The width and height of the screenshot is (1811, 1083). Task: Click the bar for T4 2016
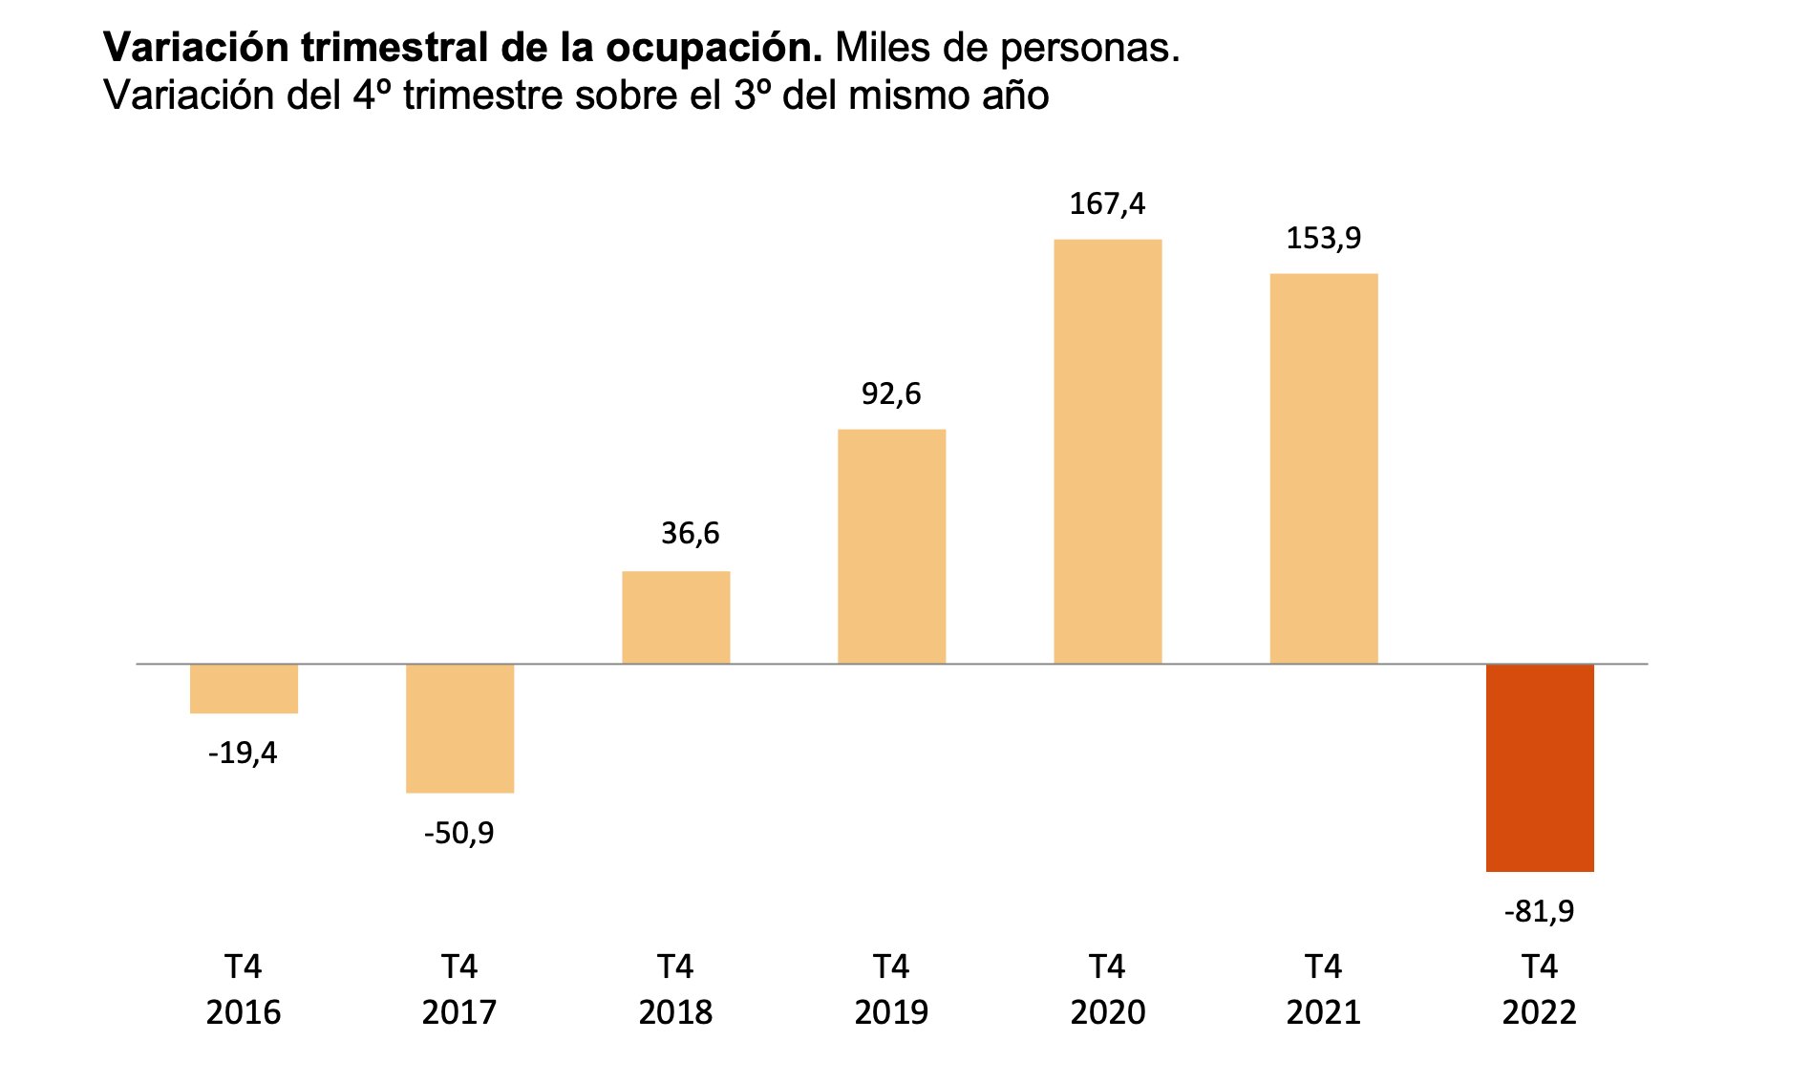pyautogui.click(x=244, y=688)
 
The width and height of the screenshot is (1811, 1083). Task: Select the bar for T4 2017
pyautogui.click(x=459, y=728)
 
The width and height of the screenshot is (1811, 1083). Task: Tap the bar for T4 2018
pyautogui.click(x=675, y=617)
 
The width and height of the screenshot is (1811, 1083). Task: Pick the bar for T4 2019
pyautogui.click(x=891, y=546)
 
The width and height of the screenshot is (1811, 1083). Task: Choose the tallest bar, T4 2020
pyautogui.click(x=1107, y=451)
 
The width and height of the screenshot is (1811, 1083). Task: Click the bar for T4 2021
pyautogui.click(x=1323, y=468)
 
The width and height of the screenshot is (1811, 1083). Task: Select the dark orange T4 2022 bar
pyautogui.click(x=1539, y=767)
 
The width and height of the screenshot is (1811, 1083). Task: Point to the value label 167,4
pyautogui.click(x=1107, y=203)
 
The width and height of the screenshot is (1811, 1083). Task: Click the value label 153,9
pyautogui.click(x=1323, y=238)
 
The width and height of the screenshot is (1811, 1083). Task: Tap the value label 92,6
pyautogui.click(x=891, y=393)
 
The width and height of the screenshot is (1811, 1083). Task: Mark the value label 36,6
pyautogui.click(x=690, y=533)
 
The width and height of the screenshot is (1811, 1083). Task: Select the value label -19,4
pyautogui.click(x=243, y=754)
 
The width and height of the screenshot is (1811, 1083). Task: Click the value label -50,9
pyautogui.click(x=458, y=834)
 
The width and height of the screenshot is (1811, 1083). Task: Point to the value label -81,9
pyautogui.click(x=1539, y=912)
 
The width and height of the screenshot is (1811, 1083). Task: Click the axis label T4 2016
pyautogui.click(x=244, y=989)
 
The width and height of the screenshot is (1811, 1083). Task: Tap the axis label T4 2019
pyautogui.click(x=891, y=989)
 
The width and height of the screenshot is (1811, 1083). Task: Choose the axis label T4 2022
pyautogui.click(x=1539, y=989)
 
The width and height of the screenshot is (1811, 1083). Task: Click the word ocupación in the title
pyautogui.click(x=711, y=48)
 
